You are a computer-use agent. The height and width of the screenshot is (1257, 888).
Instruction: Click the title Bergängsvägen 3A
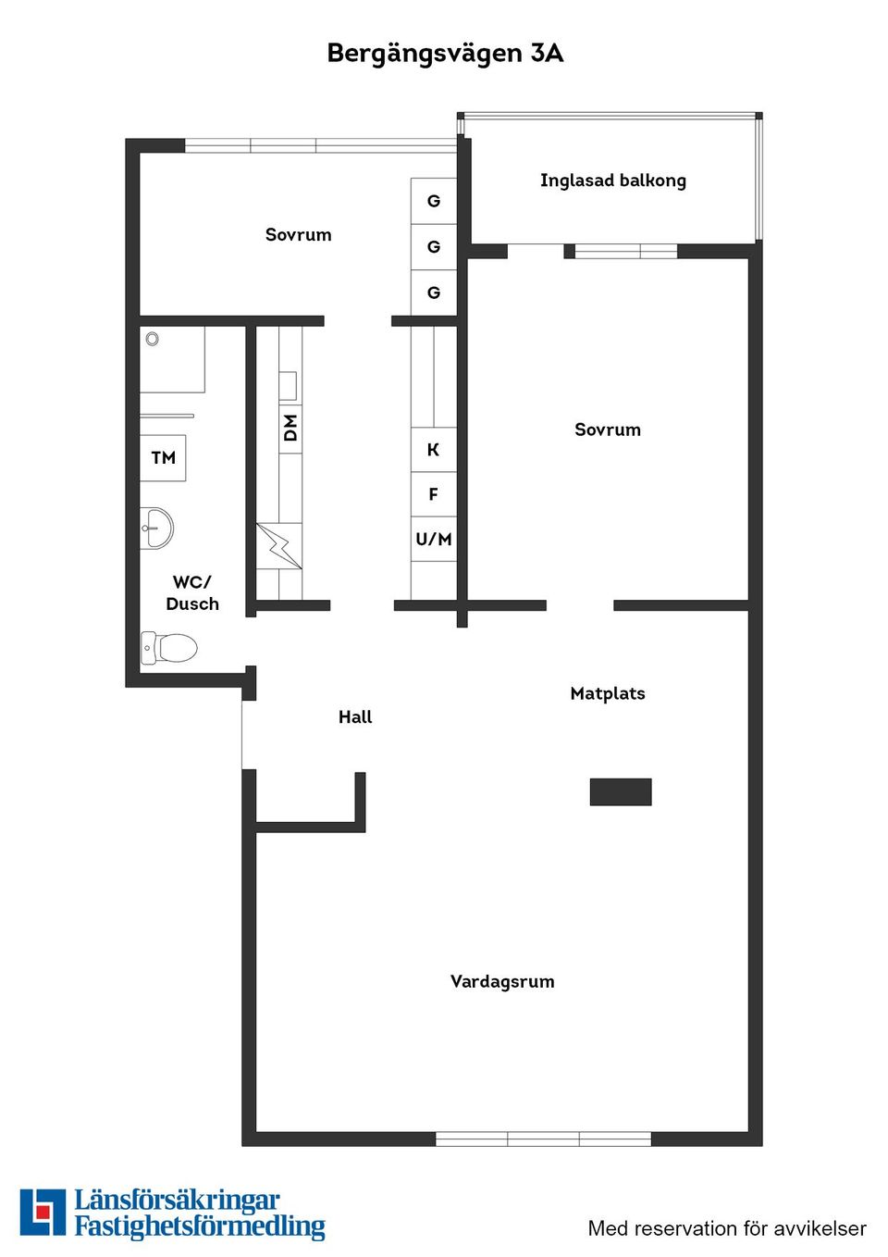[445, 53]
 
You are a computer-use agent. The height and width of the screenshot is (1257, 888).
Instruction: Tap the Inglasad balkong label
[612, 180]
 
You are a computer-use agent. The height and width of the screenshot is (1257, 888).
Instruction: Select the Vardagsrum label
[502, 981]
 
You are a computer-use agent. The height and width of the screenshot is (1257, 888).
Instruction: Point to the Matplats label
[607, 693]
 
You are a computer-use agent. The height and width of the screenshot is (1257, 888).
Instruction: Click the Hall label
[355, 716]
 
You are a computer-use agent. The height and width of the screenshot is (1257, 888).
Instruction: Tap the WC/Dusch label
[192, 592]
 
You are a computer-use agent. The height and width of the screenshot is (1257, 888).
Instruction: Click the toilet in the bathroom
[170, 647]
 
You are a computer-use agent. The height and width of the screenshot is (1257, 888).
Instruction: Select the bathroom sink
[157, 529]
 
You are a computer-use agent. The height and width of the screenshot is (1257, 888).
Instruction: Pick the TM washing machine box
[163, 457]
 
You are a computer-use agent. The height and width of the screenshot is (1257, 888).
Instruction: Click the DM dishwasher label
[290, 428]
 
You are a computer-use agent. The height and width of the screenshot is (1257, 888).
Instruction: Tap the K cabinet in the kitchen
[433, 450]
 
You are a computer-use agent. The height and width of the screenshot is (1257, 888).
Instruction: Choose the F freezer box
[433, 494]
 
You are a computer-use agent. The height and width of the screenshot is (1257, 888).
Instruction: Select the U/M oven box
[433, 539]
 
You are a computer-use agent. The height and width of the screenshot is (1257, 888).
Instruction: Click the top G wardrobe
[433, 201]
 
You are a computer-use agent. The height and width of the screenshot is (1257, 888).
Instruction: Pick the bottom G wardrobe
[433, 292]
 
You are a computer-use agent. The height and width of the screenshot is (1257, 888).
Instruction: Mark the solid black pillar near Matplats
[621, 791]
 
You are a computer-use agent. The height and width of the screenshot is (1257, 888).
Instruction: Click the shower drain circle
[152, 339]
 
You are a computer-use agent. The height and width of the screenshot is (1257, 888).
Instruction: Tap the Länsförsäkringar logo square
[43, 1213]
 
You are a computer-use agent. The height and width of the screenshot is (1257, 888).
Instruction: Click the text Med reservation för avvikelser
[727, 1228]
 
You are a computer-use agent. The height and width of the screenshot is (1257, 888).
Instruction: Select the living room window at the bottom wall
[543, 1139]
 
